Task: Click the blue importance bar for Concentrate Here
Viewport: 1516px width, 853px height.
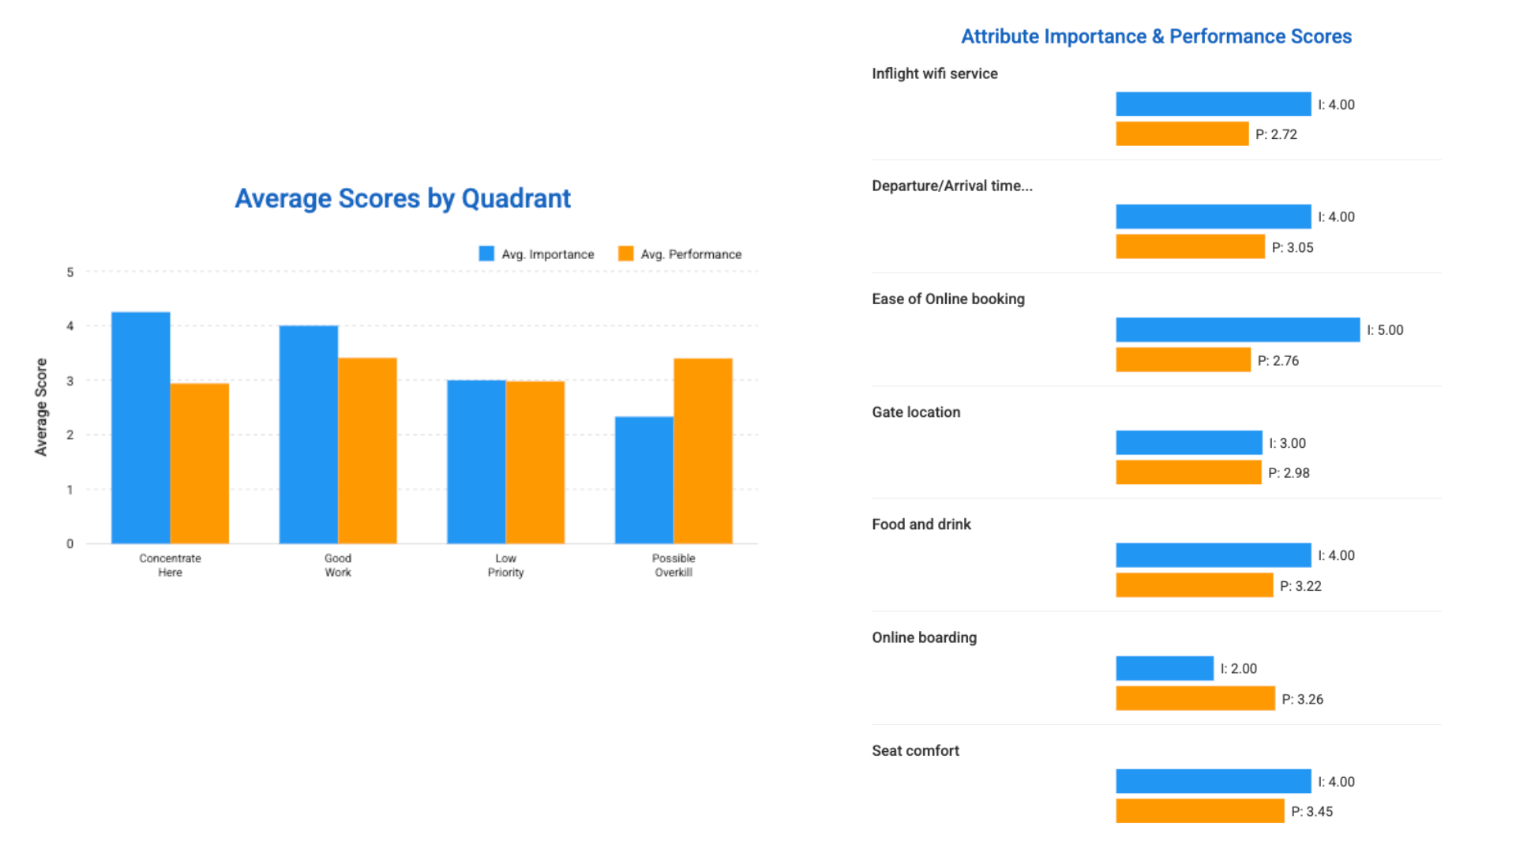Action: (141, 427)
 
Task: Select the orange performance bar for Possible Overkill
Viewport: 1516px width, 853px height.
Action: (703, 451)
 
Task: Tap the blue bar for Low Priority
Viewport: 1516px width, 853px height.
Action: (476, 462)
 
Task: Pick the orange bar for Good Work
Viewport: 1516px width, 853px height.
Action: (367, 450)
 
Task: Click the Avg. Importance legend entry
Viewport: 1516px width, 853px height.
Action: (537, 254)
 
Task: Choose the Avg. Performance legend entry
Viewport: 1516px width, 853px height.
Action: (680, 254)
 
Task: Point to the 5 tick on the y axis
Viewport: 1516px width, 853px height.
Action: (70, 272)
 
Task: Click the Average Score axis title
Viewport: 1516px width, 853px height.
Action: (41, 407)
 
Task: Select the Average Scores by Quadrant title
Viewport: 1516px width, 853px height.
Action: (403, 198)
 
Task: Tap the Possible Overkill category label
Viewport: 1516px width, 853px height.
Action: (674, 565)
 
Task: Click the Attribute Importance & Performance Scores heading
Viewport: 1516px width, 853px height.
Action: (1156, 36)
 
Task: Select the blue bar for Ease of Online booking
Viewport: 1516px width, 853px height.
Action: (1237, 329)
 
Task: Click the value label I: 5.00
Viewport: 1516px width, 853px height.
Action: (1385, 330)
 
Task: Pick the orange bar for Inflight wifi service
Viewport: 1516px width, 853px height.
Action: (1182, 133)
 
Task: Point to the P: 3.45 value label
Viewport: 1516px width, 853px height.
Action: (1311, 811)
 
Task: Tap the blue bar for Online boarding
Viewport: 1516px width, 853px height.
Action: (1165, 668)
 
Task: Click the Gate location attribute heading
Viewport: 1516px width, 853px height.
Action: (916, 412)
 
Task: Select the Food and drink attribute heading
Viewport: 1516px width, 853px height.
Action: (921, 524)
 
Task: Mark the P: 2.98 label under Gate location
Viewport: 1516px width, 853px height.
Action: (1289, 473)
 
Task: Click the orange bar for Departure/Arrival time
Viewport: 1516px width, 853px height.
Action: (1190, 246)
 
